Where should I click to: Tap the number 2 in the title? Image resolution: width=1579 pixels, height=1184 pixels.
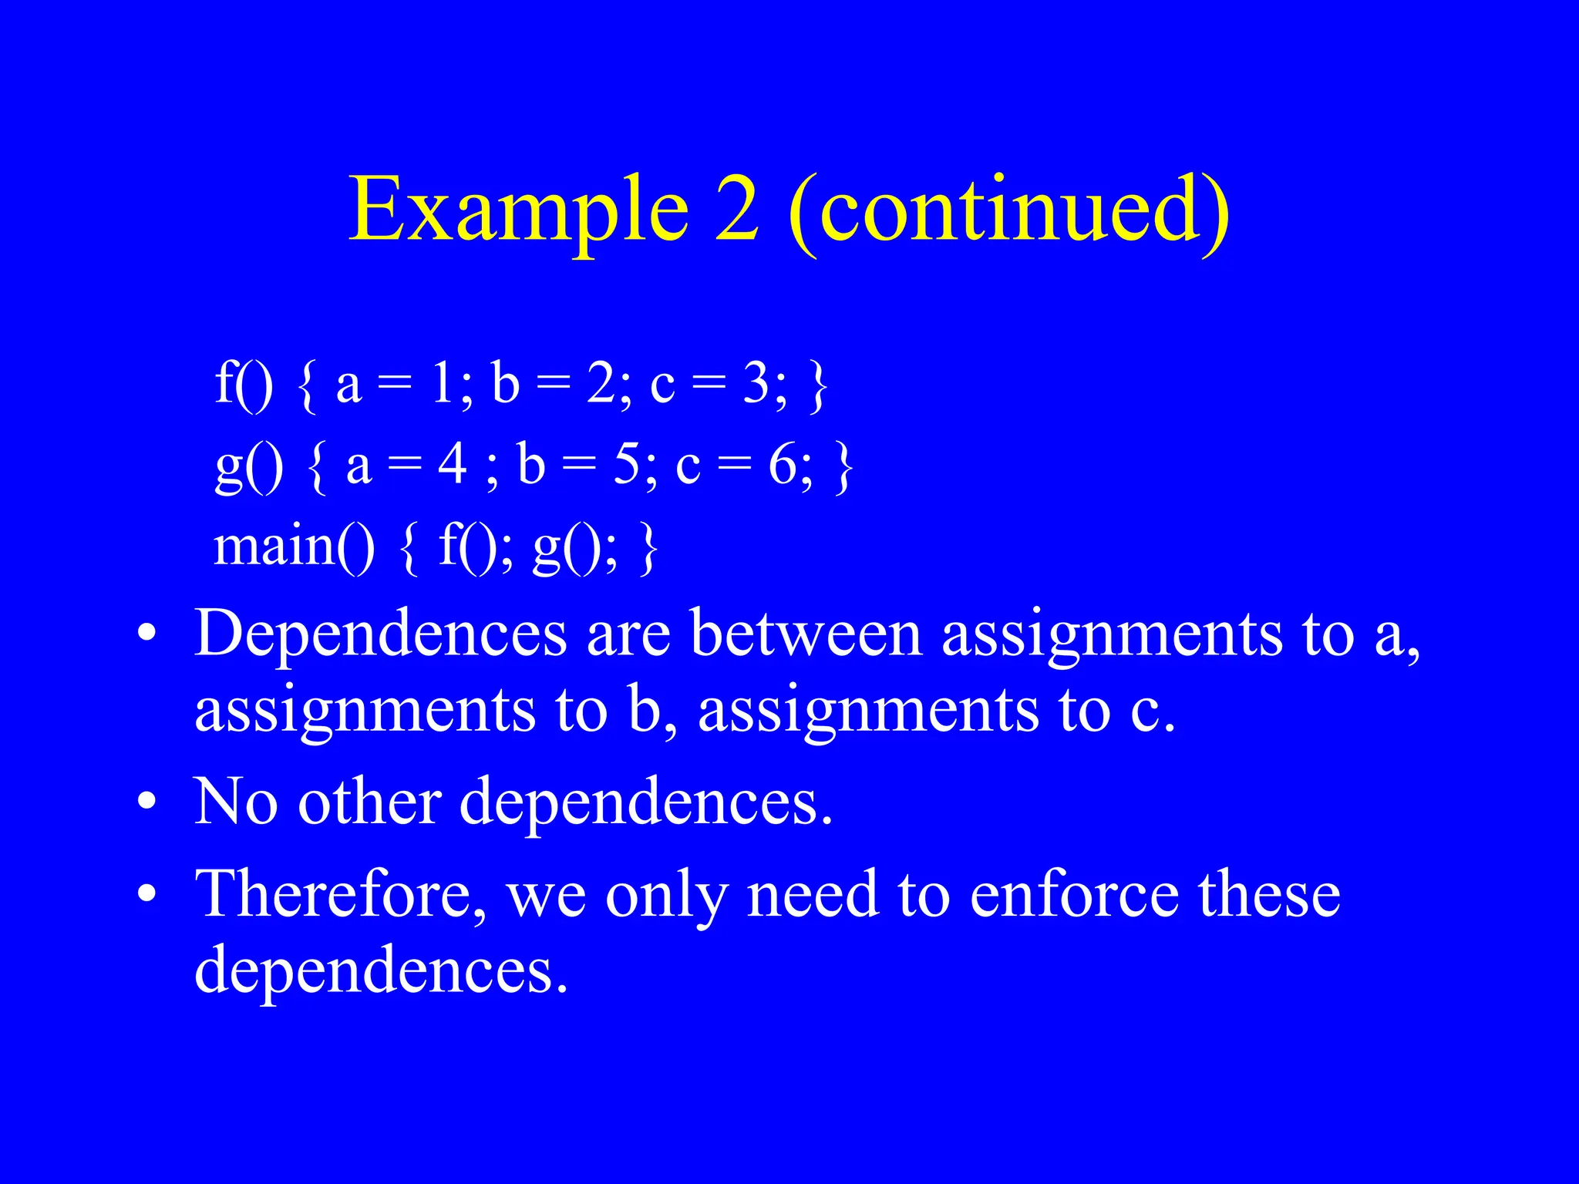tap(736, 208)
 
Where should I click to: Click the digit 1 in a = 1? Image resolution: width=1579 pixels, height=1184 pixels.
tap(442, 383)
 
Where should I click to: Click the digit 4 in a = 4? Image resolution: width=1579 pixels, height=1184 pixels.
tap(453, 465)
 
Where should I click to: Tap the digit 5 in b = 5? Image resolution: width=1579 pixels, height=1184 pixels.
tap(628, 465)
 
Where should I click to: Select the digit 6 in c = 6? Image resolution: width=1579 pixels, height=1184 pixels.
tap(783, 465)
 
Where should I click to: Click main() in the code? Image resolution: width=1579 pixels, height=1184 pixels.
tap(294, 547)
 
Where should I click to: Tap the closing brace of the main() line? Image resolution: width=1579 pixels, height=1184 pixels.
tap(648, 549)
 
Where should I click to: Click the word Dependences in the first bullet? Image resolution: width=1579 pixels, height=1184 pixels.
tap(381, 634)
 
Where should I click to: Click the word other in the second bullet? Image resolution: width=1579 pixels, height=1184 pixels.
tap(370, 802)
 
